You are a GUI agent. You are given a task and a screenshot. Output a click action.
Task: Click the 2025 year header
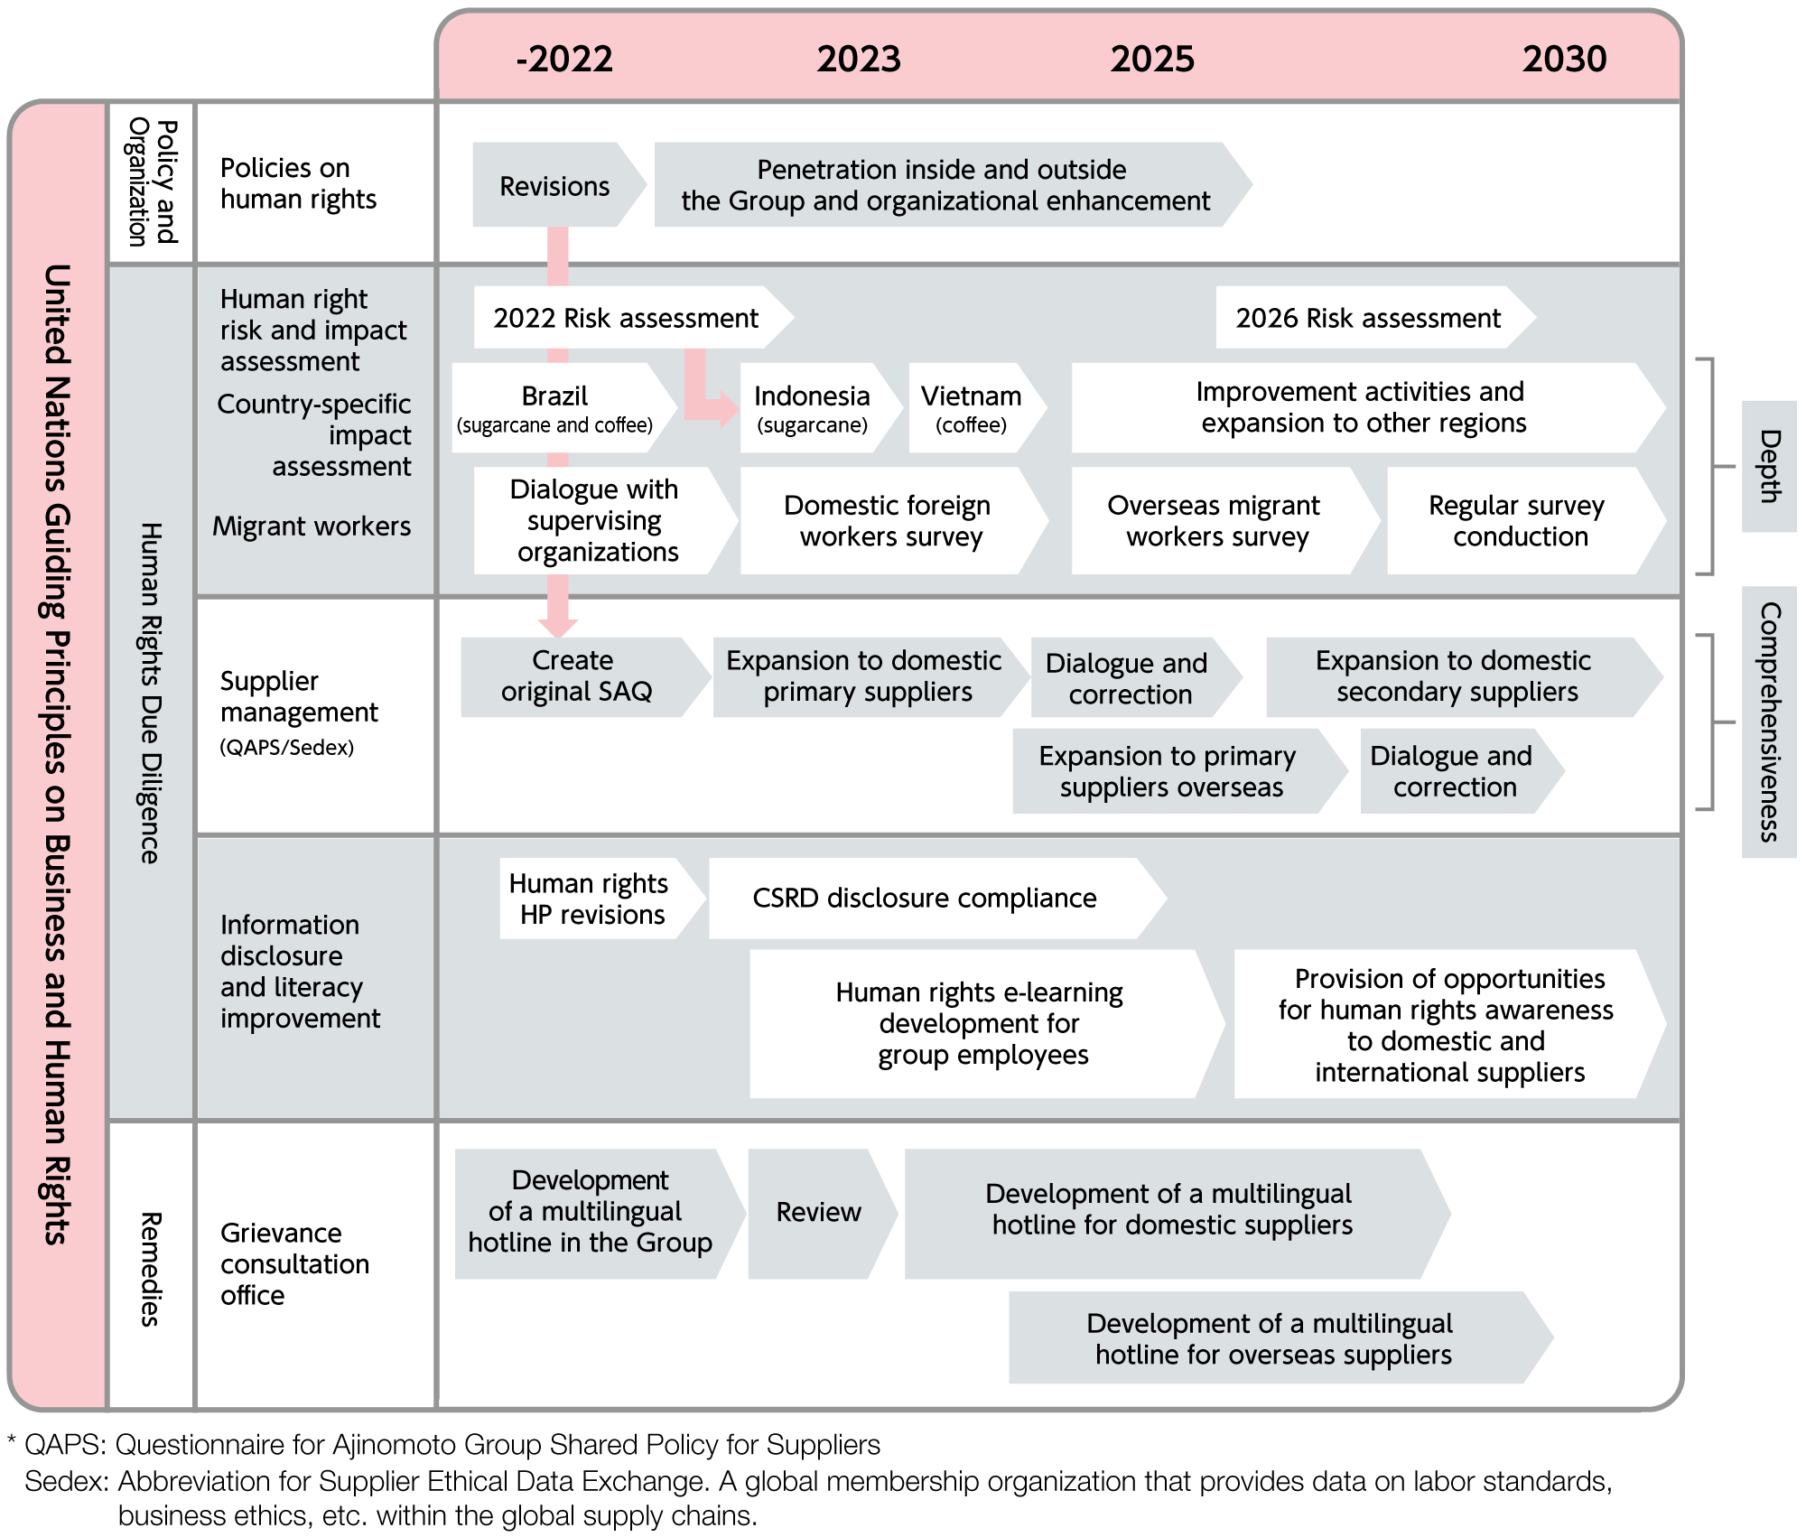[1152, 60]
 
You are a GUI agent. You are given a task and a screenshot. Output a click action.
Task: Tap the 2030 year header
[1564, 60]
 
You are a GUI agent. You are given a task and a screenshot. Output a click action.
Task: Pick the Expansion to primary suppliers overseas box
[1179, 771]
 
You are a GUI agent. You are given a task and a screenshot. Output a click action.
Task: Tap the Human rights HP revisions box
[602, 898]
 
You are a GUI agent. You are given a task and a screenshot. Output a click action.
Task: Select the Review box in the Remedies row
[823, 1213]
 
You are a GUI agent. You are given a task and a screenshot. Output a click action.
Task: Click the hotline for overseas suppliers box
[1280, 1337]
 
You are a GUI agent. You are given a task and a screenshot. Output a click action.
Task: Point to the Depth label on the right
[1769, 466]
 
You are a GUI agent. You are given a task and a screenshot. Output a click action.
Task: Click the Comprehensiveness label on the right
[1769, 722]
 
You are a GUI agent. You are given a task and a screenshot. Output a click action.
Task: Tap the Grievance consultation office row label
[294, 1263]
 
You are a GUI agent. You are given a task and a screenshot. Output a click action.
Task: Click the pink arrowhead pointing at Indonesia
[722, 410]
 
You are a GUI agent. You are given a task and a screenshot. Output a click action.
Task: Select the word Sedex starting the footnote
[66, 1481]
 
